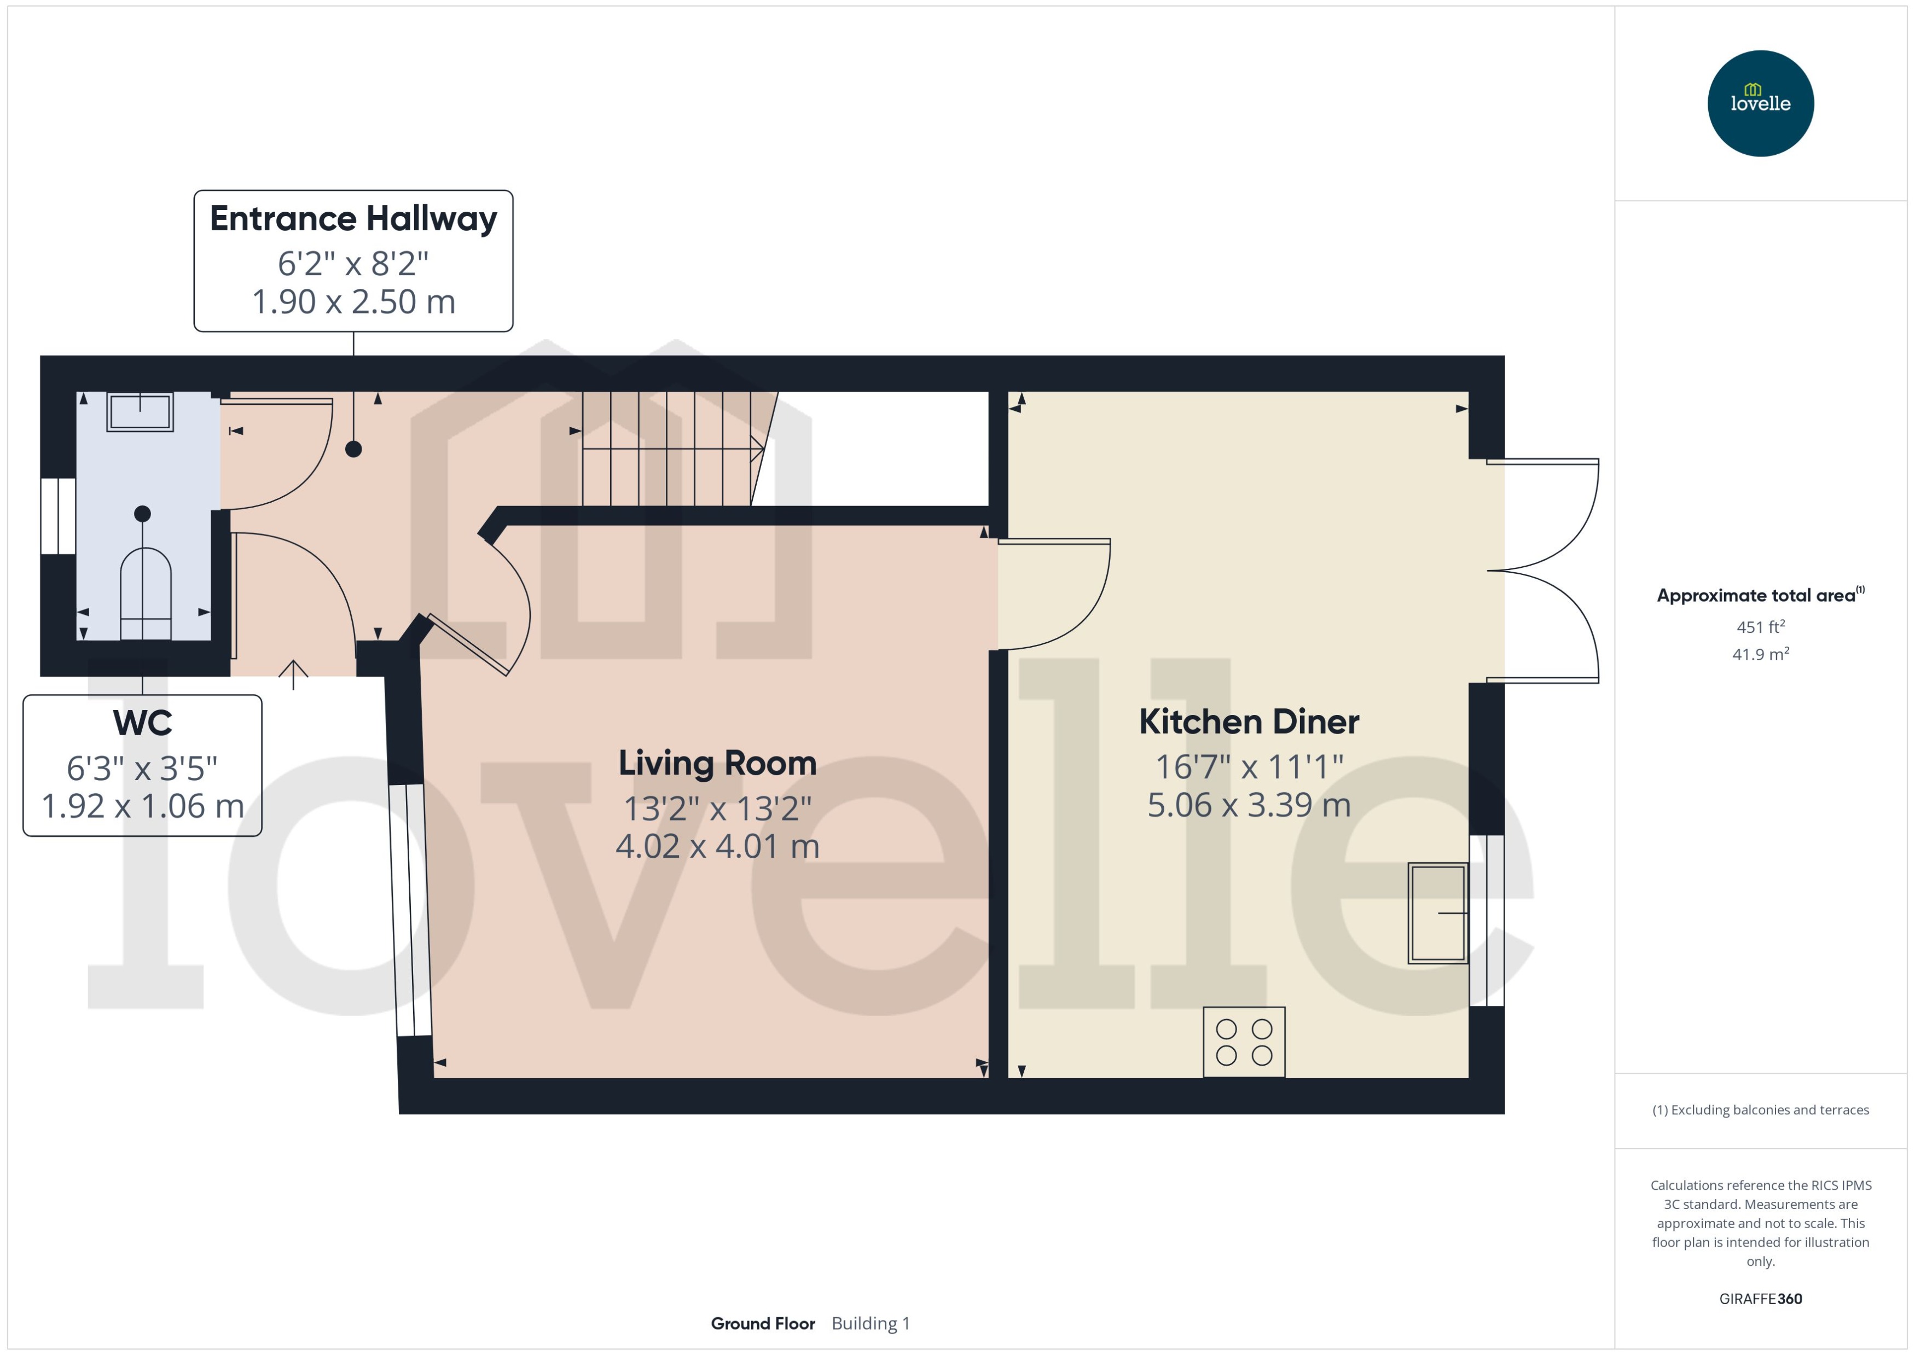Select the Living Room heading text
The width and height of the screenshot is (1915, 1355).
pyautogui.click(x=717, y=763)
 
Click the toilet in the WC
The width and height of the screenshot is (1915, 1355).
pyautogui.click(x=146, y=592)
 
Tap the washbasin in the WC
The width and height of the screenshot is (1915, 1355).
pyautogui.click(x=140, y=412)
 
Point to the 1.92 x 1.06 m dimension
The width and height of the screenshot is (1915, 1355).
pyautogui.click(x=143, y=806)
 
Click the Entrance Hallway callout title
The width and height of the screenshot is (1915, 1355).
pyautogui.click(x=353, y=219)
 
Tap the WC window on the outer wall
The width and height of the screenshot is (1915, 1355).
pyautogui.click(x=59, y=516)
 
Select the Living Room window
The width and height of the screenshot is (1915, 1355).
pyautogui.click(x=410, y=910)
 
